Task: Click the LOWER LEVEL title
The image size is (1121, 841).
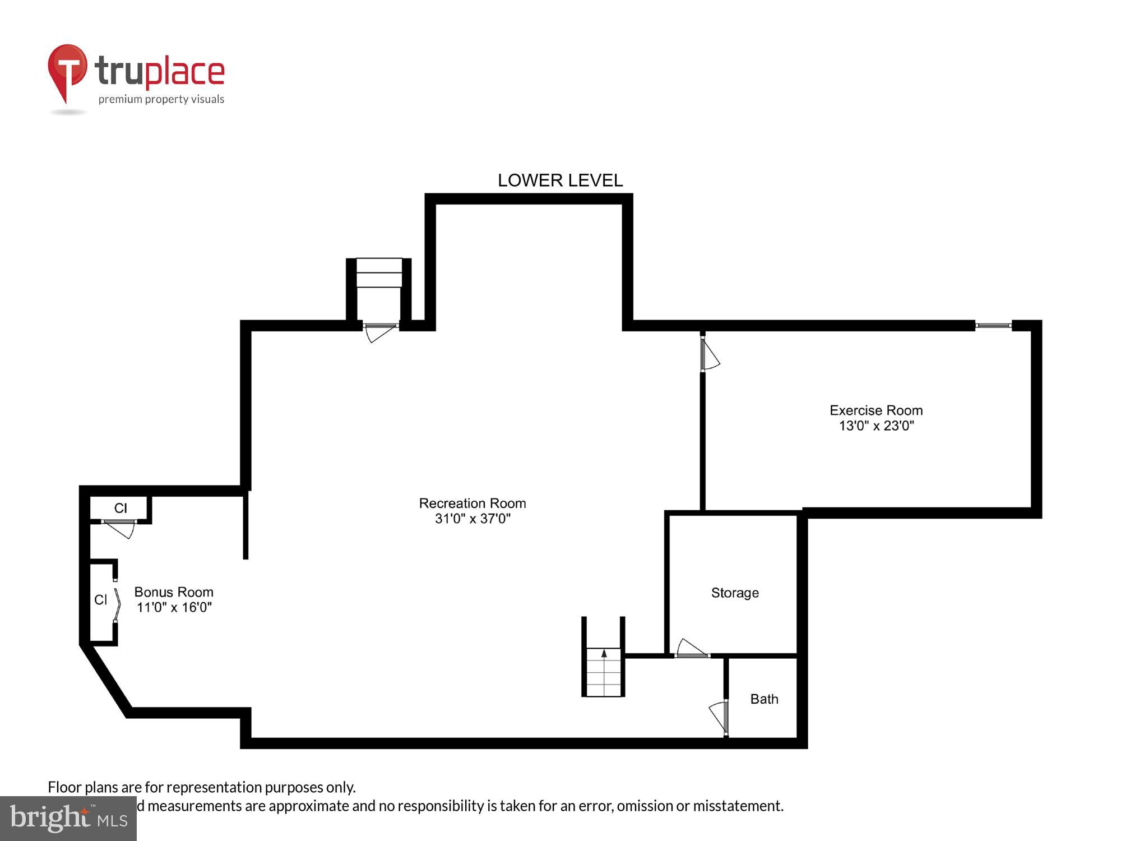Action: (560, 181)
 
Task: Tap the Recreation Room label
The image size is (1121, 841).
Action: (473, 503)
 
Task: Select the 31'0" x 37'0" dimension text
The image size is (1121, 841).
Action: (473, 519)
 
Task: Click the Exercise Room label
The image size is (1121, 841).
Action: (876, 410)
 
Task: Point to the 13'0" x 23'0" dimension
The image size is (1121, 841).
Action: (876, 426)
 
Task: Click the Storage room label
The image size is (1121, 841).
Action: (735, 593)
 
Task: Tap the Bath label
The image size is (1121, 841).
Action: (764, 699)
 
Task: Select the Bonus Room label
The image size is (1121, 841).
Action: (174, 592)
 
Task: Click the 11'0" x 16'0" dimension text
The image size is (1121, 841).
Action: (174, 607)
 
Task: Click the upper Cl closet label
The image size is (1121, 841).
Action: (121, 508)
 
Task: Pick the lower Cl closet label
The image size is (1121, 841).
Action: (101, 600)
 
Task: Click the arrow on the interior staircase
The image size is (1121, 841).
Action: (604, 653)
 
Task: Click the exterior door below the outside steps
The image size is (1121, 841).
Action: (380, 331)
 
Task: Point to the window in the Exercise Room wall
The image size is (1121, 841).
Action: (993, 325)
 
